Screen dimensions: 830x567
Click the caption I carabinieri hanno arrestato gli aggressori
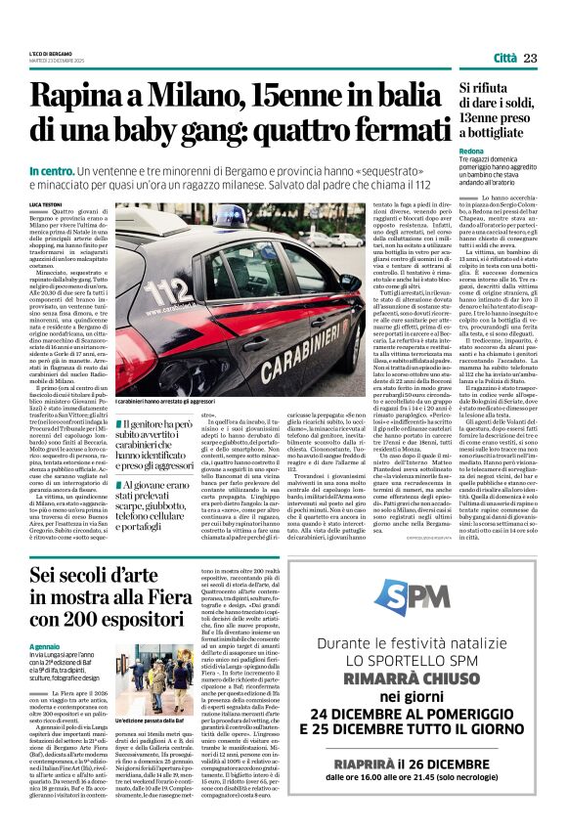(173, 403)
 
